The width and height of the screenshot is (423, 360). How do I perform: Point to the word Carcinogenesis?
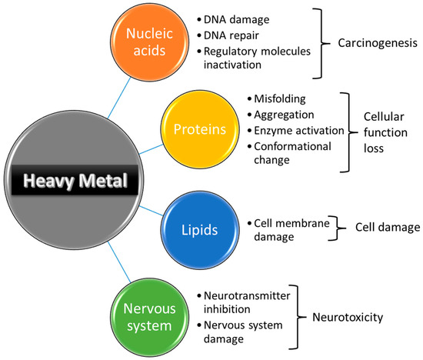(x=372, y=45)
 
